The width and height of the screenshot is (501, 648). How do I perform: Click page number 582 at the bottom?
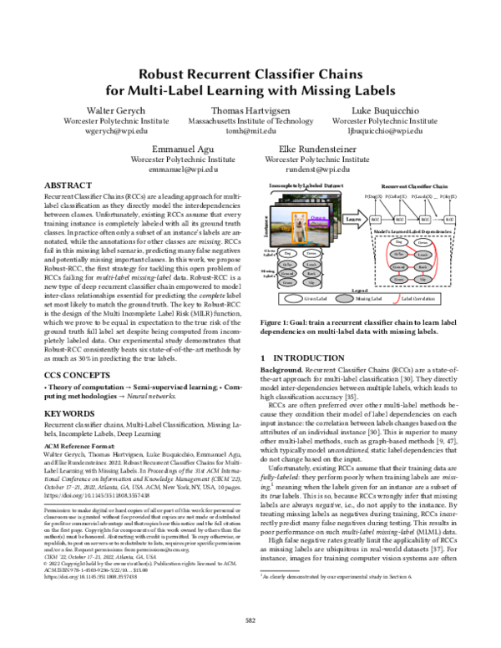[250, 620]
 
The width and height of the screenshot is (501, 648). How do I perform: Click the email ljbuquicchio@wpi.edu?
[383, 132]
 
